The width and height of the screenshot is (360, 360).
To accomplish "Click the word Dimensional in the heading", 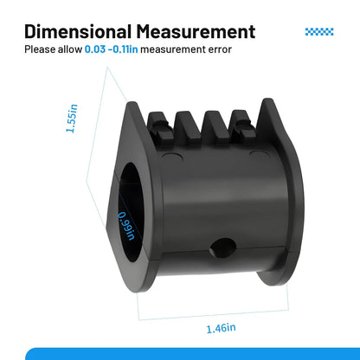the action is point(78,31).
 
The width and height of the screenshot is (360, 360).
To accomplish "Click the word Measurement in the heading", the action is point(196,31).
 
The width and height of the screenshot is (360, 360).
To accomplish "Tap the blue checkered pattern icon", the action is point(319,32).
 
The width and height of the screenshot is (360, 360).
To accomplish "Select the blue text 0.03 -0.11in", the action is point(111,49).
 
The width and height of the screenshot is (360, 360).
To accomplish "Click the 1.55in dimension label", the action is point(72,119).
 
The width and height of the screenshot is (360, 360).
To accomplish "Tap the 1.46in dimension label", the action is point(221,328).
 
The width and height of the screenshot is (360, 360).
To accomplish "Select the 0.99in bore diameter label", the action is point(127,226).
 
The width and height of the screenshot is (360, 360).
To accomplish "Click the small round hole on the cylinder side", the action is point(223,247).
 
